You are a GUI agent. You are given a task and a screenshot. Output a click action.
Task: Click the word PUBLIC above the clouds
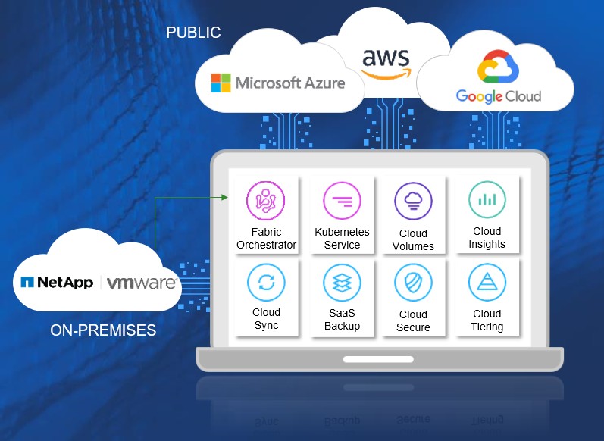(193, 33)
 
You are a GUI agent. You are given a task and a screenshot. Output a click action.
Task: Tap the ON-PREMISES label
(103, 330)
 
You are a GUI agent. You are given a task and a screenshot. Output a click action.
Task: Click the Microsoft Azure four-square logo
(221, 83)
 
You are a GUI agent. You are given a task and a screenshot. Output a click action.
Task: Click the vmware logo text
(142, 283)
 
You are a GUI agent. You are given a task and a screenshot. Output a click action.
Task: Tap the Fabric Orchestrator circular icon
(265, 201)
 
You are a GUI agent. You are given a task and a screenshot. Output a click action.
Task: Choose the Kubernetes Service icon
(342, 201)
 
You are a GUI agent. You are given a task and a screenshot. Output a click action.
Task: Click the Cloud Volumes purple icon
(413, 202)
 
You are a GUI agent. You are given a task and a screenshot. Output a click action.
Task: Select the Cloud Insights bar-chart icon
(487, 200)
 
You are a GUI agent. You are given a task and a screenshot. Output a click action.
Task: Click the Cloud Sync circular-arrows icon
(266, 283)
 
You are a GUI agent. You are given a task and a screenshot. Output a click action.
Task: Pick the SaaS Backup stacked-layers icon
(342, 283)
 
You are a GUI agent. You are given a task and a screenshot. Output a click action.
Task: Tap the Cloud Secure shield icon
(413, 283)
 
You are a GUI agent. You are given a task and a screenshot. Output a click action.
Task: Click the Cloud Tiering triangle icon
(487, 283)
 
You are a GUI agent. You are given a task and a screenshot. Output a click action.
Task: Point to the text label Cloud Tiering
(487, 321)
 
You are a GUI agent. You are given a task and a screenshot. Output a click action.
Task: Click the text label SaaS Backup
(342, 320)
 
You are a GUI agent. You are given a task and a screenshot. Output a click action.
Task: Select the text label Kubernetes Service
(342, 238)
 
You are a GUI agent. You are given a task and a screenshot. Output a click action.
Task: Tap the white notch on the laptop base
(379, 358)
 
